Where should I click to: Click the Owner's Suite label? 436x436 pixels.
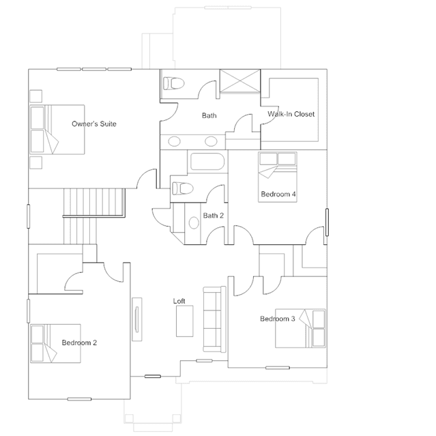94,123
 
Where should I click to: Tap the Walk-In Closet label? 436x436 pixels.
291,114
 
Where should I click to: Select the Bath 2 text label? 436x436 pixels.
214,216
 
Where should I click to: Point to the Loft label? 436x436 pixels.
179,301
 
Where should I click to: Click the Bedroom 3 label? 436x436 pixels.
278,319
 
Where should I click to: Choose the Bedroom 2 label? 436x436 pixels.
79,343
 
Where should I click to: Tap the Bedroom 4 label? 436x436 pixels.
278,194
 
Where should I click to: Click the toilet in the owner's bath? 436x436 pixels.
174,83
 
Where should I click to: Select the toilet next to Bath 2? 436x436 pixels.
183,188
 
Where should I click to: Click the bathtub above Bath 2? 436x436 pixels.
207,161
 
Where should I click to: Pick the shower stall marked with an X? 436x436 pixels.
240,81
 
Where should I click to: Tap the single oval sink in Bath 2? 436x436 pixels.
194,222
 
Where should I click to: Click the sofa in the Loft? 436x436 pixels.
214,319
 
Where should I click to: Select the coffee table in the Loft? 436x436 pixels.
185,321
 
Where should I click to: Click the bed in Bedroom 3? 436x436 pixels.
300,328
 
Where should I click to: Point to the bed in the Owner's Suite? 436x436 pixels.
57,129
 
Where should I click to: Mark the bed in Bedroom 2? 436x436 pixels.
55,343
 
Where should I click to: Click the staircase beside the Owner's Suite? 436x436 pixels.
94,216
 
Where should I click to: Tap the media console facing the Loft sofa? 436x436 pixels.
137,319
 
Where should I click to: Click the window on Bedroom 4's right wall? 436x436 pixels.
327,222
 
